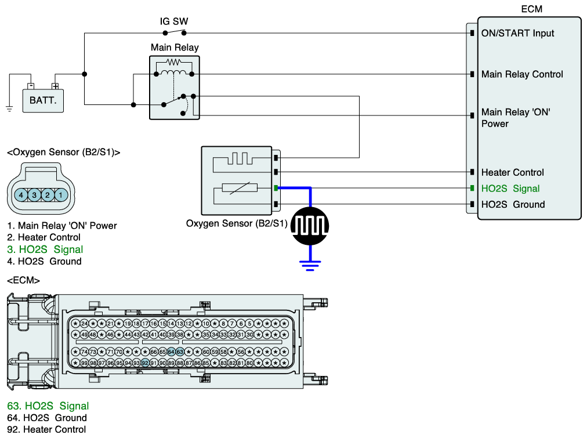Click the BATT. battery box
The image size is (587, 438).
(x=44, y=100)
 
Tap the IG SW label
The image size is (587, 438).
(x=174, y=21)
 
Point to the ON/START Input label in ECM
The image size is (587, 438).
(x=517, y=34)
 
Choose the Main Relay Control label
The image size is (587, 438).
(x=522, y=74)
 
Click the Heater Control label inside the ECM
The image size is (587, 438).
(x=512, y=172)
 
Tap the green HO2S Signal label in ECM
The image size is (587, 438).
(x=510, y=189)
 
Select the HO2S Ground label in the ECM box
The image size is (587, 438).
(x=513, y=204)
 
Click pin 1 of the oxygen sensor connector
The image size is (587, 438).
(x=61, y=195)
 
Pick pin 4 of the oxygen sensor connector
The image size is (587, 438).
(x=21, y=195)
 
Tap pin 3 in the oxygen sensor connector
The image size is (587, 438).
(x=34, y=195)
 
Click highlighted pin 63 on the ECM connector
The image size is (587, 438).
(x=180, y=352)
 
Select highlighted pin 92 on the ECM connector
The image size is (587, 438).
(x=145, y=363)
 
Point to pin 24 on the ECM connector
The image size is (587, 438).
(x=84, y=323)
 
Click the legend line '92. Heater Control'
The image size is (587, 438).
(x=46, y=429)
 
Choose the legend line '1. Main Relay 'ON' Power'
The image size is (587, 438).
(x=62, y=226)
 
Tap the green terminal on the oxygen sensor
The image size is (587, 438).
(x=277, y=188)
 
